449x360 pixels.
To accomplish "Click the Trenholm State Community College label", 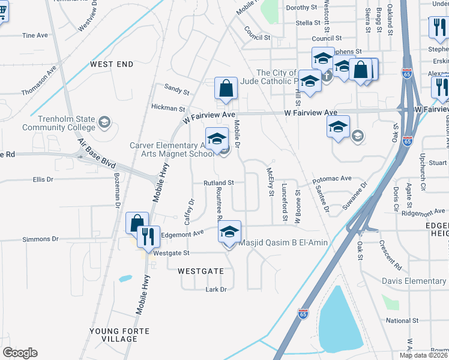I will click(58, 123).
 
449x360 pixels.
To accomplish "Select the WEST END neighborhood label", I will click(112, 64).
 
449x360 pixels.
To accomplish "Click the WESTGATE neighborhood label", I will click(200, 271).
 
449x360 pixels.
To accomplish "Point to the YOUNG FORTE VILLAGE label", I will click(113, 335).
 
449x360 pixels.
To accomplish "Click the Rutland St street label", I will click(218, 182).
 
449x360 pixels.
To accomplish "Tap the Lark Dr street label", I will click(215, 289).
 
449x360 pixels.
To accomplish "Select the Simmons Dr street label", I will click(40, 239).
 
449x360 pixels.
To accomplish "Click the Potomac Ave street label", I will click(331, 179).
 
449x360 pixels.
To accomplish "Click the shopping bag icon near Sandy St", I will click(226, 89).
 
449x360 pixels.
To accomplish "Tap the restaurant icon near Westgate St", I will click(145, 236).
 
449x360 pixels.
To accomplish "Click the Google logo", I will click(20, 353).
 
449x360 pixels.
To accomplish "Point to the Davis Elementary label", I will click(414, 281).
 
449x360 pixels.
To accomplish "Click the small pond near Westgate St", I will click(125, 278).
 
